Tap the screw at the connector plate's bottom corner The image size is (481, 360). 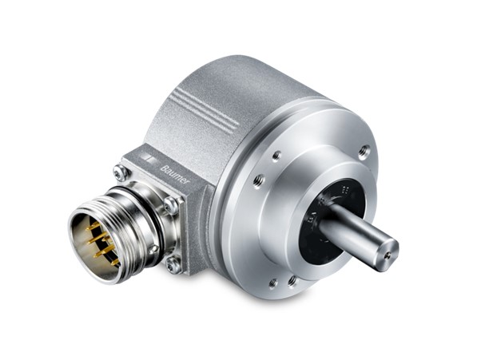(x=173, y=265)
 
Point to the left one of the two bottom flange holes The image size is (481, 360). (x=273, y=283)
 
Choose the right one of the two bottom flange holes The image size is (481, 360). (x=292, y=280)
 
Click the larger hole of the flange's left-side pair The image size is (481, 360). (x=259, y=181)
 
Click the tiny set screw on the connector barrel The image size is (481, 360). (x=153, y=249)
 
